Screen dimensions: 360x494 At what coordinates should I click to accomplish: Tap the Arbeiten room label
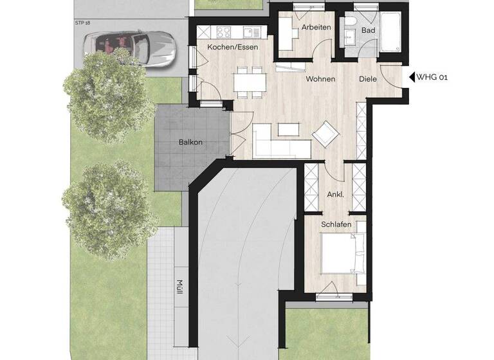pyautogui.click(x=315, y=27)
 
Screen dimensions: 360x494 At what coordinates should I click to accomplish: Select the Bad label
pyautogui.click(x=368, y=30)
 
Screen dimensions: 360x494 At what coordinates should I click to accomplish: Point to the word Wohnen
pyautogui.click(x=320, y=79)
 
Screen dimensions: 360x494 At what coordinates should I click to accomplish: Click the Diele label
pyautogui.click(x=369, y=79)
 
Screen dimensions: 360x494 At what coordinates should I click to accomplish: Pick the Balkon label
pyautogui.click(x=191, y=142)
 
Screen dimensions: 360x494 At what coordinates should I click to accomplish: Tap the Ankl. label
pyautogui.click(x=335, y=194)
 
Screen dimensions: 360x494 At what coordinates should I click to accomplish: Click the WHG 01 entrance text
pyautogui.click(x=432, y=77)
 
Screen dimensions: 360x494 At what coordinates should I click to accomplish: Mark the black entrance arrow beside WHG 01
pyautogui.click(x=412, y=77)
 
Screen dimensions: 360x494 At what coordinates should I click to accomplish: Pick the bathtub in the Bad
pyautogui.click(x=391, y=33)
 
